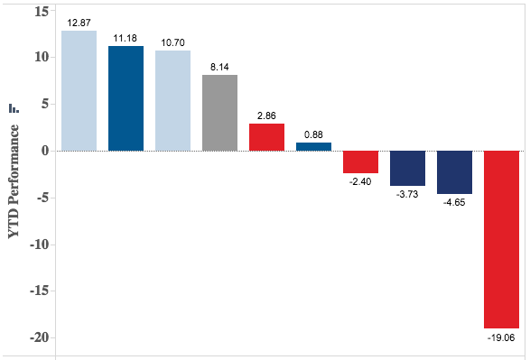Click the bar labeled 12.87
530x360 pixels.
[79, 90]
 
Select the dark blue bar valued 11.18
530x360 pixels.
[126, 98]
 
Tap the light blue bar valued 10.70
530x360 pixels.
[172, 100]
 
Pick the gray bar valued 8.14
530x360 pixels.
[219, 113]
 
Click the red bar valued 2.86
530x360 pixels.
[266, 137]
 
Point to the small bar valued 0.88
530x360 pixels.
[313, 146]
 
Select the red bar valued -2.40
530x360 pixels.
[360, 162]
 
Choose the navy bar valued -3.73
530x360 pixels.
[407, 168]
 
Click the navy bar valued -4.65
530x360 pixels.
[454, 172]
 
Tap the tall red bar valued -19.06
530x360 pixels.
[501, 239]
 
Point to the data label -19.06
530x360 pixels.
[501, 338]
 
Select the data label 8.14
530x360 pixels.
[219, 67]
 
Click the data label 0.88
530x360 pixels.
[313, 134]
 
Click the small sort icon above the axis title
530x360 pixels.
[13, 107]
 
